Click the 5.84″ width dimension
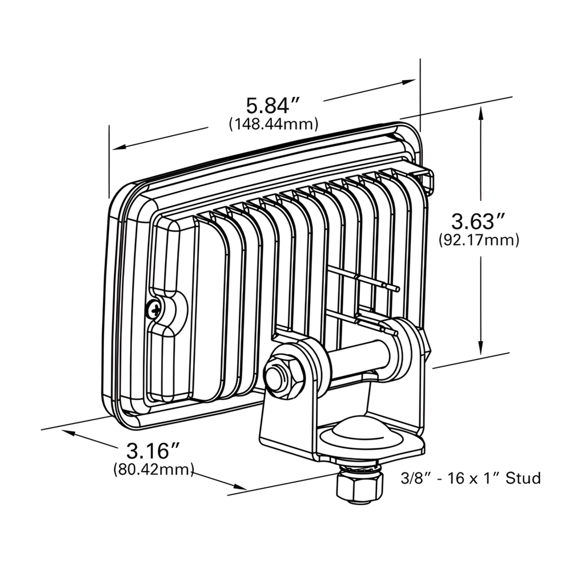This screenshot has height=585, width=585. pyautogui.click(x=273, y=106)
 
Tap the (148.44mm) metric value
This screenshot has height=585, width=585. pyautogui.click(x=273, y=124)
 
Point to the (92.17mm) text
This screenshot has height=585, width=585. pyautogui.click(x=479, y=241)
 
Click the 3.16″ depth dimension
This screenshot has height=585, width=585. pyautogui.click(x=149, y=451)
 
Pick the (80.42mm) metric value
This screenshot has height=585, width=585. pyautogui.click(x=154, y=470)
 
